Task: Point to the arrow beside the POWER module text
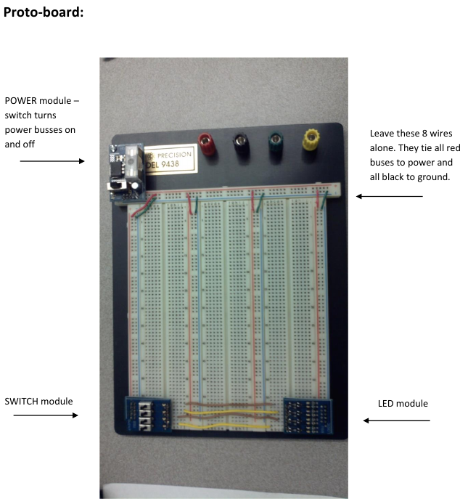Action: pos(52,161)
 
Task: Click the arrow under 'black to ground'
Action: pos(389,196)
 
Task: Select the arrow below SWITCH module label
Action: pos(46,415)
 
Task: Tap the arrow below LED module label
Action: pos(396,420)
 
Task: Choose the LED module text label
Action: pos(403,403)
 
